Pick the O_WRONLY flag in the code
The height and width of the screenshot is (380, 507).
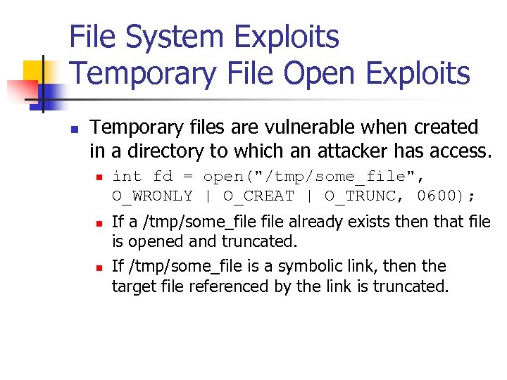point(152,196)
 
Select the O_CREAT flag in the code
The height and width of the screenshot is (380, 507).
point(258,196)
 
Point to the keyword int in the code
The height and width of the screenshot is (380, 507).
point(127,176)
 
